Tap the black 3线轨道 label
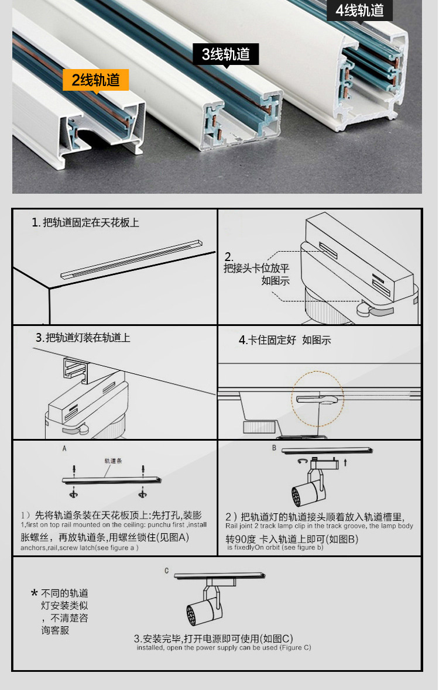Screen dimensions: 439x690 coord(226,54)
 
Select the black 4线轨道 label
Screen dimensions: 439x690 coord(359,11)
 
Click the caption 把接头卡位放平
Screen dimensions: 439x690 coord(256,269)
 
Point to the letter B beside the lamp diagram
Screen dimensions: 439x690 coord(274,448)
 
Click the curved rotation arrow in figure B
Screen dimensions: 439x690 coord(303,462)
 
